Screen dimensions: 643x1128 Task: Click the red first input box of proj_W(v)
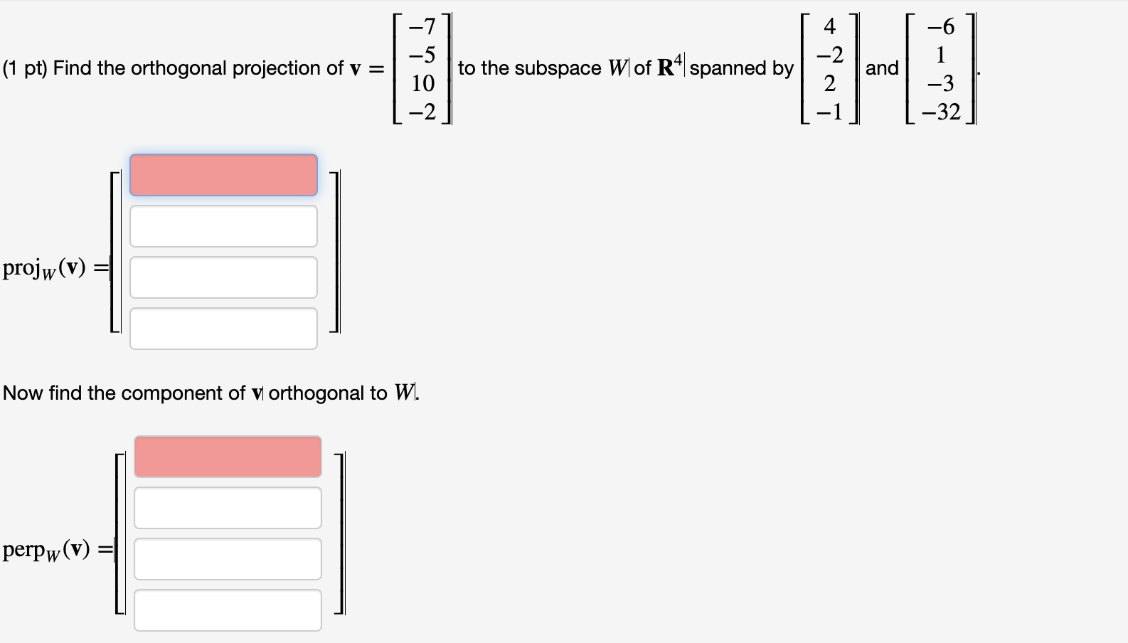pos(223,175)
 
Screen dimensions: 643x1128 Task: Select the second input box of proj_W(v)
pos(223,226)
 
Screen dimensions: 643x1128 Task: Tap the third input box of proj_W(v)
pos(223,277)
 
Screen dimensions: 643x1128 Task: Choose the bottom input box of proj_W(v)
pos(223,329)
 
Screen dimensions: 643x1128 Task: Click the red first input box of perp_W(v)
pos(228,457)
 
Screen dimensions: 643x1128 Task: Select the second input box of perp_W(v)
pos(228,508)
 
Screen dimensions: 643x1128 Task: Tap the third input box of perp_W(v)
pos(228,559)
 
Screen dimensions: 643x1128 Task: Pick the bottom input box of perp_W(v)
pos(228,610)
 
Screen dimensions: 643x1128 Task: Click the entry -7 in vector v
pos(422,26)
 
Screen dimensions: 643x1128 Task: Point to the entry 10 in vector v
pos(422,83)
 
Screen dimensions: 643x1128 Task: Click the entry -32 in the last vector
pos(940,112)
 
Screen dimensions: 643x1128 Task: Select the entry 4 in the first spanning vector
pos(829,26)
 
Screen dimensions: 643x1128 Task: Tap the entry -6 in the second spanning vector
pos(940,26)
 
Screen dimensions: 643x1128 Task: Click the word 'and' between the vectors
pos(882,68)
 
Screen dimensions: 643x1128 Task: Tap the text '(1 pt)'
pos(25,68)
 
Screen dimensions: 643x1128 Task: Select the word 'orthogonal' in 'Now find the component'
pos(327,393)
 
